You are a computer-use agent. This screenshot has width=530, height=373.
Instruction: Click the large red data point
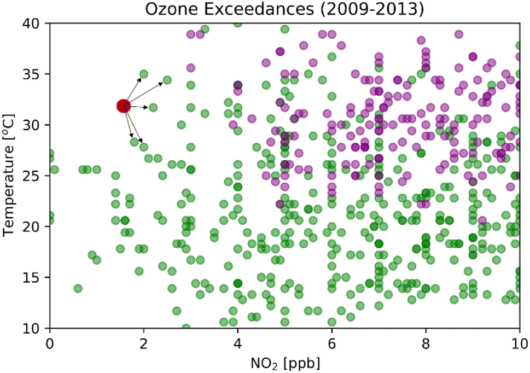pyautogui.click(x=124, y=106)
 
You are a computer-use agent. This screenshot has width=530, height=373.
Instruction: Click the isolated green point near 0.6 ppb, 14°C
pyautogui.click(x=78, y=288)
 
